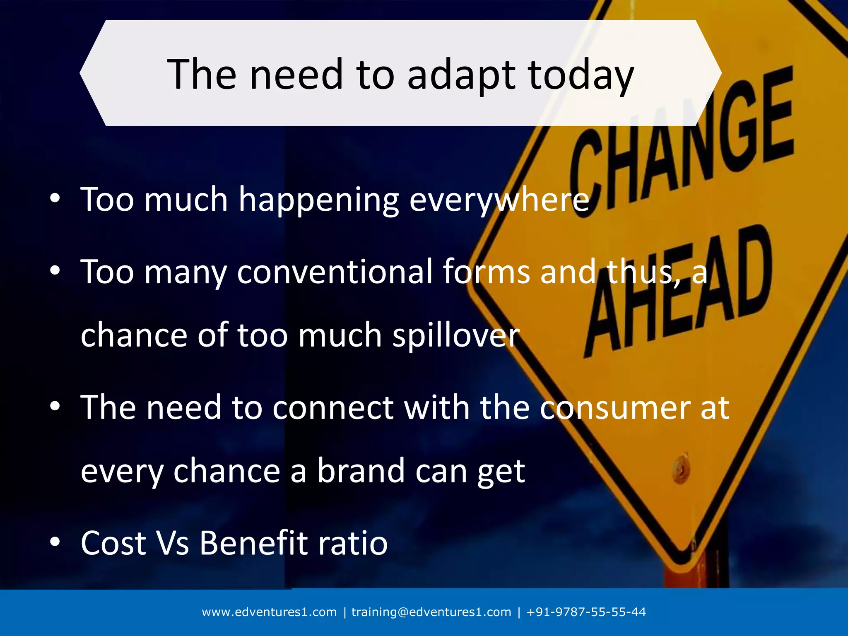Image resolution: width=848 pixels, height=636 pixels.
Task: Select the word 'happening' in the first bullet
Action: [x=319, y=200]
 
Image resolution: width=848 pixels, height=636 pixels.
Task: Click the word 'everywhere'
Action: [x=499, y=200]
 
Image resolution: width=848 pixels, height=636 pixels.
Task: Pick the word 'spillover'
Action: [x=456, y=335]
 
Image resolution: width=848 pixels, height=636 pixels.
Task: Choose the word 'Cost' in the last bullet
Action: [x=113, y=543]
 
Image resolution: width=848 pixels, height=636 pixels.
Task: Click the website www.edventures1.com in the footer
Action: [x=269, y=612]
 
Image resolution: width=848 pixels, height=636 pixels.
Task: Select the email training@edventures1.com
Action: [x=431, y=612]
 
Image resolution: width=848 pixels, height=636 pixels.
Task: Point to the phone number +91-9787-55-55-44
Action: [x=586, y=612]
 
